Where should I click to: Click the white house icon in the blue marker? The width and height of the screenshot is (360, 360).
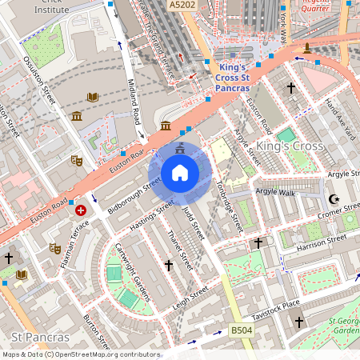point(180,173)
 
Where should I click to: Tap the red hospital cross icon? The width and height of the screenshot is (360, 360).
point(81,210)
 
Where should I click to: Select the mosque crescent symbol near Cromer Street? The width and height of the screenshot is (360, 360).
point(334,198)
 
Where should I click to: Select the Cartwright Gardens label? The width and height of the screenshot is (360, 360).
point(133,272)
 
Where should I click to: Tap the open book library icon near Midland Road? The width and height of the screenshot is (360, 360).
point(93,97)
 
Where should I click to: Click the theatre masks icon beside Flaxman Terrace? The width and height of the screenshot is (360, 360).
point(54,248)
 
